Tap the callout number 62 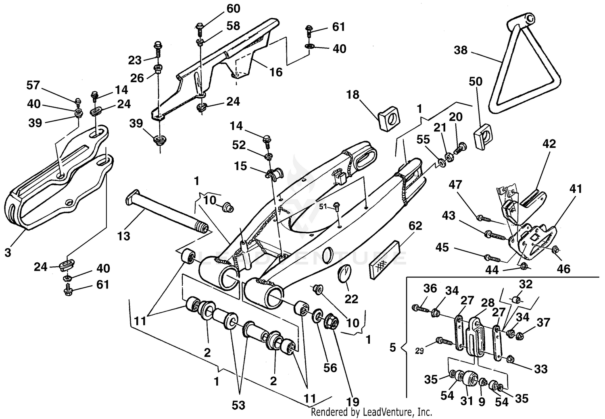point(415,226)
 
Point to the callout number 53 point(238,405)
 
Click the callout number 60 point(233,8)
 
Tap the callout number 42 point(549,144)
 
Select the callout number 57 point(34,85)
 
